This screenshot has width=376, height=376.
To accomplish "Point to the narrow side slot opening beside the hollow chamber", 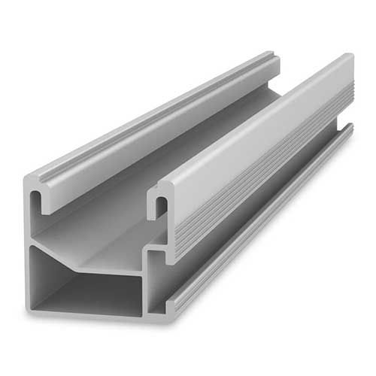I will (156, 282).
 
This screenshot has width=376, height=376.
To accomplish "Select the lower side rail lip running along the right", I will (263, 226).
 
